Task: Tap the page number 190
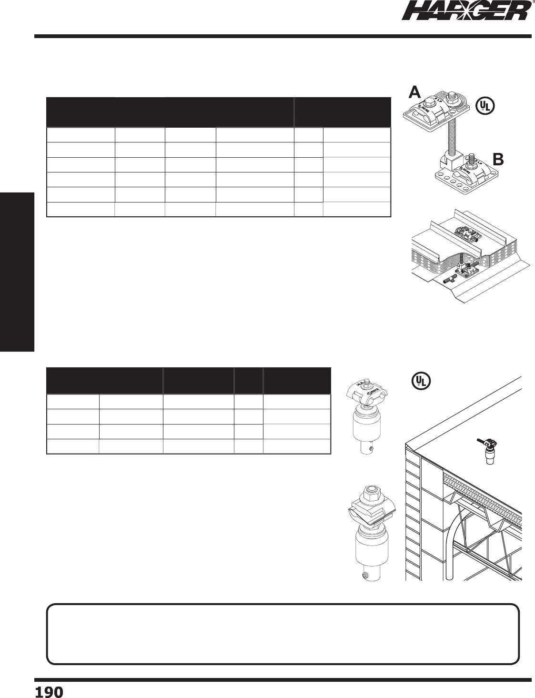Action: (49, 691)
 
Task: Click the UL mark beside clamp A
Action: (485, 105)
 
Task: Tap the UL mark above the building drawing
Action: (421, 380)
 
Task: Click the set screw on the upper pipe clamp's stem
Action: (377, 448)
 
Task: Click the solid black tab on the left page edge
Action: (17, 272)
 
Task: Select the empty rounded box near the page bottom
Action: (283, 634)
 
